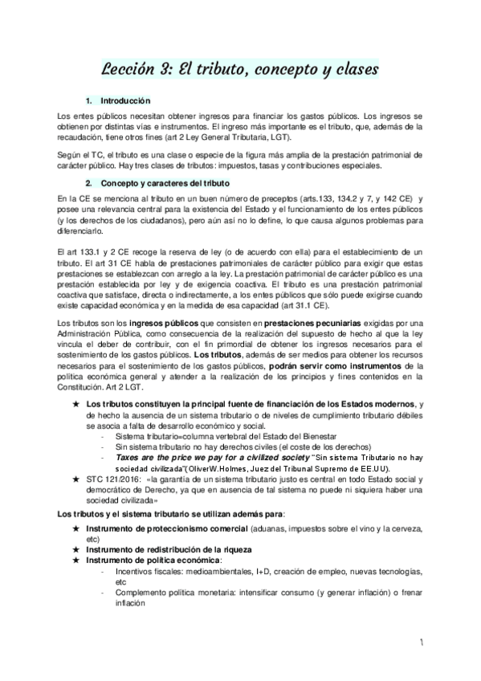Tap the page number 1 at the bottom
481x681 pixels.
tap(444, 644)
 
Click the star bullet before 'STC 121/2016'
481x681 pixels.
tap(75, 478)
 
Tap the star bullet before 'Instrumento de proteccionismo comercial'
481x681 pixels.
tap(75, 529)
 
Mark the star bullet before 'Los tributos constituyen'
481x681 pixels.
tap(75, 402)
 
